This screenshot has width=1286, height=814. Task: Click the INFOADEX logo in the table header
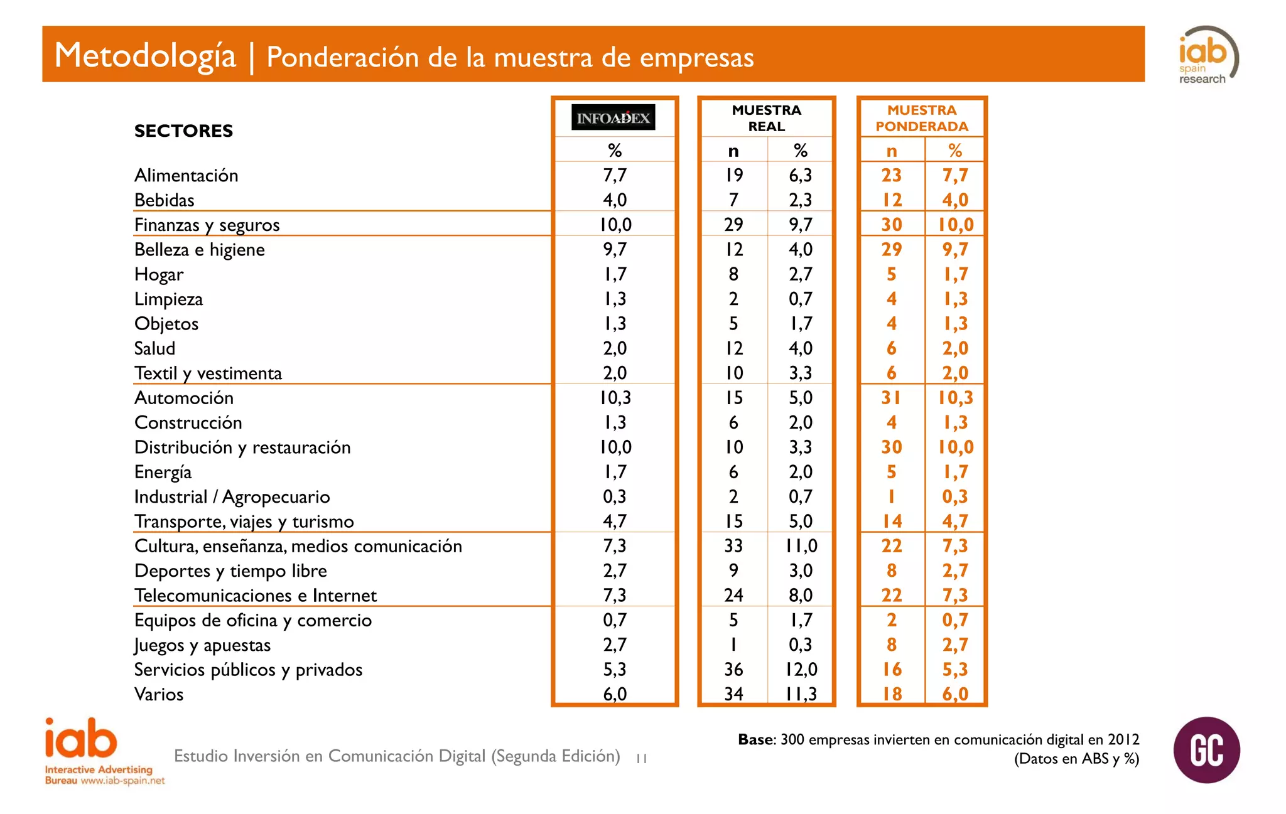tap(613, 117)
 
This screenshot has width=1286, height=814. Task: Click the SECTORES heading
tap(183, 131)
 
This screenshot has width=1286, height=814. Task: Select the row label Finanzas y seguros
tap(207, 225)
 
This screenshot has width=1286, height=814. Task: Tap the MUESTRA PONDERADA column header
tap(921, 118)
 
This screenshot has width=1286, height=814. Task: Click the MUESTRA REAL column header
tap(766, 118)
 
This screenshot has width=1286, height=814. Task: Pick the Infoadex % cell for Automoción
tap(615, 398)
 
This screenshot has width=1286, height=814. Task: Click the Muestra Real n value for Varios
tap(733, 694)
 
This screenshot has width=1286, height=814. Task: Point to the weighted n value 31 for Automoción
tap(891, 398)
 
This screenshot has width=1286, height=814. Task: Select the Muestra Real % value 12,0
tap(801, 670)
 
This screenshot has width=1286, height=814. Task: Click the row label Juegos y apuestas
tap(202, 645)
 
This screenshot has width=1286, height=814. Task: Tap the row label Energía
tap(163, 472)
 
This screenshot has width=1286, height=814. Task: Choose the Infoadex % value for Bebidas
tap(615, 200)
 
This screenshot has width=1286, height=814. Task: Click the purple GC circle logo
tap(1206, 750)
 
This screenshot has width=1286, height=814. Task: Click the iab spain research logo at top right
tap(1207, 55)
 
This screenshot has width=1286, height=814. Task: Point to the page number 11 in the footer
tap(641, 759)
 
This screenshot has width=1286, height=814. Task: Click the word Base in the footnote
tap(755, 740)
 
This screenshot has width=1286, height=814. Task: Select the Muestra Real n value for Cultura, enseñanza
tap(733, 546)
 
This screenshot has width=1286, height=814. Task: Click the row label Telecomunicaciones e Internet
tap(255, 596)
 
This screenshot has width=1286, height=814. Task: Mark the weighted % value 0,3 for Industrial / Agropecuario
tap(954, 497)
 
